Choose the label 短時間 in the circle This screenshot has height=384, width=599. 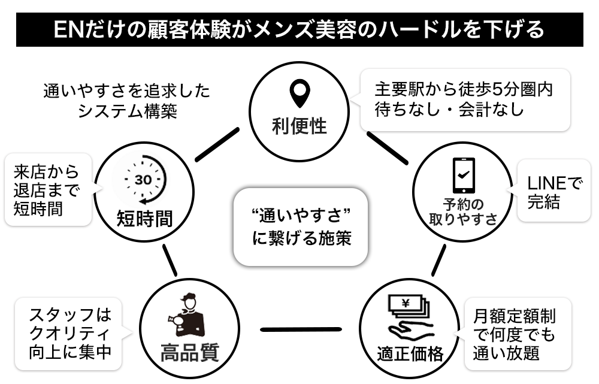[x=144, y=218]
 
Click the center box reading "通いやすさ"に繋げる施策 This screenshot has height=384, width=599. [x=299, y=227]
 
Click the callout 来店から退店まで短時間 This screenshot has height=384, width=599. [x=47, y=191]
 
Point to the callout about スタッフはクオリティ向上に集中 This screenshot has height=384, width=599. [x=70, y=334]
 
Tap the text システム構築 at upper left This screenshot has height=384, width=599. [x=127, y=111]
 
